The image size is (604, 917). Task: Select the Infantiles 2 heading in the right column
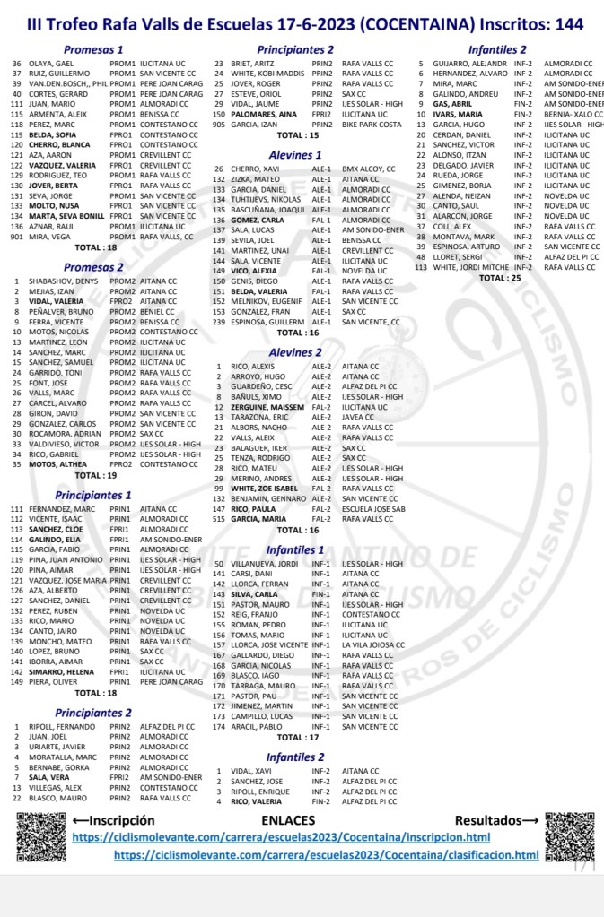click(497, 50)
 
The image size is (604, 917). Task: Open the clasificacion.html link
click(327, 855)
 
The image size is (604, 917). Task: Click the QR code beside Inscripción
click(41, 837)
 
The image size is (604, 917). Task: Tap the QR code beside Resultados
click(569, 837)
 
